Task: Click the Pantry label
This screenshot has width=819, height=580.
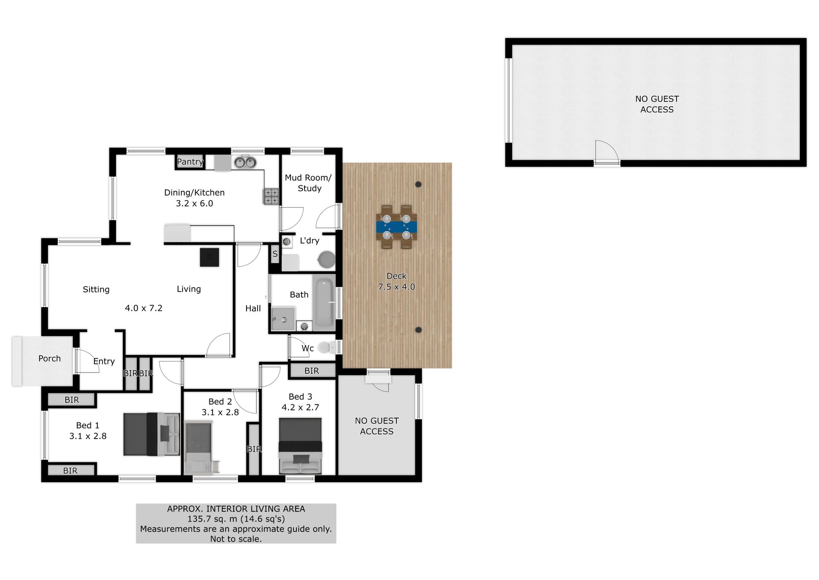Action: coord(190,161)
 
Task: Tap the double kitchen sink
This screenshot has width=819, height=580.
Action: coord(245,162)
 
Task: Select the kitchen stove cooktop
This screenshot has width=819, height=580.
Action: coord(271,196)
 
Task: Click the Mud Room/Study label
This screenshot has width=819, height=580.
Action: coord(308,183)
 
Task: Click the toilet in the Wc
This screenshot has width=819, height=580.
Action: coord(326,347)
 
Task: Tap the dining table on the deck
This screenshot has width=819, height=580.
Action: coord(397,227)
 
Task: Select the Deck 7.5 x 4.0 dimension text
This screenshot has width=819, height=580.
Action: coord(397,287)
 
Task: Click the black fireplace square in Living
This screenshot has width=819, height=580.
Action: coord(209,257)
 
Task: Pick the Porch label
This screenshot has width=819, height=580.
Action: coord(49,358)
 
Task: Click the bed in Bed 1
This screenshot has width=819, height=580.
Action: coord(151,434)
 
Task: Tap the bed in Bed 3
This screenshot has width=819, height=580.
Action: coord(300,445)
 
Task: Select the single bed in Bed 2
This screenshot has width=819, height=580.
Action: coord(199,448)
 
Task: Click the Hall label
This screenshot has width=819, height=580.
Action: coord(253,308)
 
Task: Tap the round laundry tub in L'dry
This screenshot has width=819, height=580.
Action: coord(327,260)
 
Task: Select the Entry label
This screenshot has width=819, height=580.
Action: coord(104,362)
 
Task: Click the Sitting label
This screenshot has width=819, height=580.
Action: coord(96,290)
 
